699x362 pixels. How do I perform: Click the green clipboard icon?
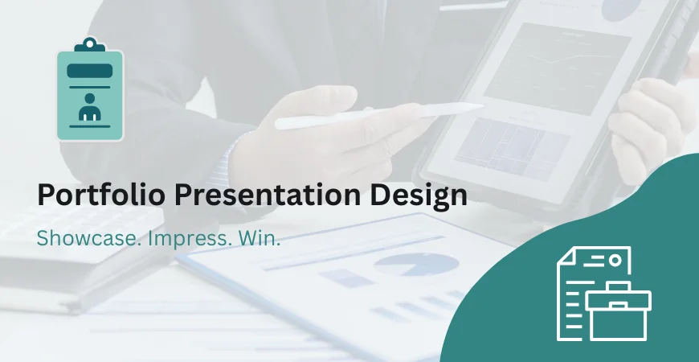90,92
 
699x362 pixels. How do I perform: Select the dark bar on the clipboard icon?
90,72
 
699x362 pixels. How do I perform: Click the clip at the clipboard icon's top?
90,44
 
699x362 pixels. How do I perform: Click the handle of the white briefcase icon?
617,287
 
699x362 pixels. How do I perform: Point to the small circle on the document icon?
615,260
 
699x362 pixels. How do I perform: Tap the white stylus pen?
378,115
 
